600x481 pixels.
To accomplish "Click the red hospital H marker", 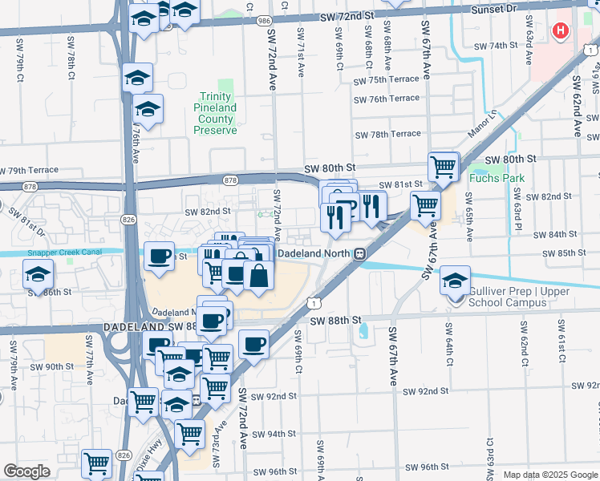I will [x=561, y=31].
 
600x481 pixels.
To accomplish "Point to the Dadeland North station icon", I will [x=361, y=253].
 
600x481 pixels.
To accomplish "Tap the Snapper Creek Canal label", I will [x=64, y=251].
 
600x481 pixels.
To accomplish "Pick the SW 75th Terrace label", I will [x=387, y=79].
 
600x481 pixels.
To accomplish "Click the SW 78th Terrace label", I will [x=387, y=135].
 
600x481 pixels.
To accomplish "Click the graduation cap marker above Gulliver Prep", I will [x=455, y=281].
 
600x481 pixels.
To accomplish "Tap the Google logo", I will [x=26, y=471].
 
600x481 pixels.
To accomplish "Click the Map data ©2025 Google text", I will [x=550, y=475].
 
